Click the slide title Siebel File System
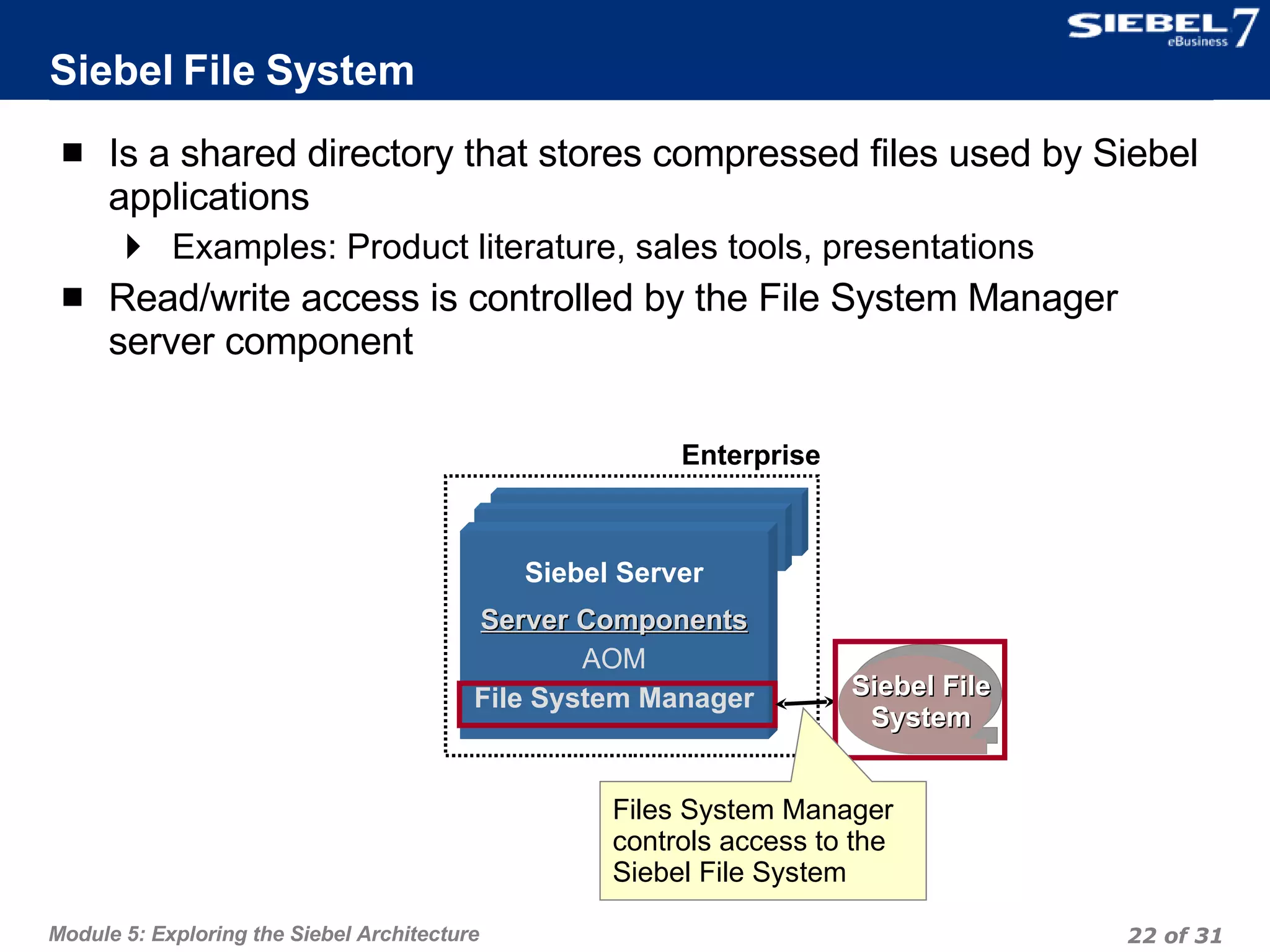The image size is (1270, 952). [232, 70]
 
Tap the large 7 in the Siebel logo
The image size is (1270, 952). [1244, 28]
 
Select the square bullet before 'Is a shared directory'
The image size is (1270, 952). [73, 152]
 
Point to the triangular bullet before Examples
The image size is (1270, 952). [133, 247]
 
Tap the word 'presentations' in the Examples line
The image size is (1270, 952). [928, 247]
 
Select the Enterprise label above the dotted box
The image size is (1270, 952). [750, 455]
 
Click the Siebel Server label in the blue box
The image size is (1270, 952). [614, 572]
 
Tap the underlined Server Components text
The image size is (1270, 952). [614, 620]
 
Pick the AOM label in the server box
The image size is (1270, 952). [614, 658]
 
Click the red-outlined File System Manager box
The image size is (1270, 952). [616, 703]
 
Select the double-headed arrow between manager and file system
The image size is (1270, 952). [804, 702]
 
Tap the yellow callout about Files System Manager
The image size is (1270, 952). [762, 840]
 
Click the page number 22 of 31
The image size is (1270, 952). [1174, 935]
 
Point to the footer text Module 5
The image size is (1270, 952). [264, 933]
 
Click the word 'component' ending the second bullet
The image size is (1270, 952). [319, 342]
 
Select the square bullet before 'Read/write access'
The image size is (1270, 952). [73, 297]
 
